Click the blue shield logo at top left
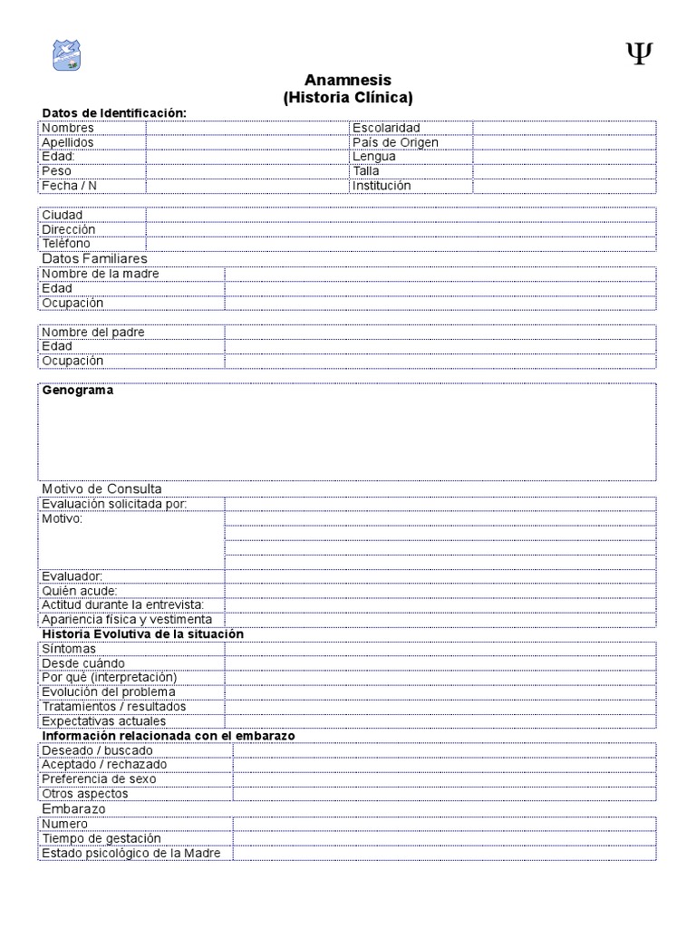click(x=67, y=55)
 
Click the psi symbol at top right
click(x=639, y=54)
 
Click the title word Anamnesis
click(x=347, y=81)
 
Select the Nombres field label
click(x=68, y=128)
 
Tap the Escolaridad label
click(x=386, y=128)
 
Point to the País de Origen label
click(x=395, y=142)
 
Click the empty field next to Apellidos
click(x=246, y=142)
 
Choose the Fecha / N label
click(x=69, y=186)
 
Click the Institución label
click(x=382, y=186)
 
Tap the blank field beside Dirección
click(x=401, y=229)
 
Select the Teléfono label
click(x=66, y=244)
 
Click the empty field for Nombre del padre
click(x=440, y=332)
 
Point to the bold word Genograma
click(x=78, y=391)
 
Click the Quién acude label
click(x=80, y=591)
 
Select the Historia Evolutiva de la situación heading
click(x=143, y=634)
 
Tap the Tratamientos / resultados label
click(x=114, y=707)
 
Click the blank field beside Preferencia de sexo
click(x=444, y=779)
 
